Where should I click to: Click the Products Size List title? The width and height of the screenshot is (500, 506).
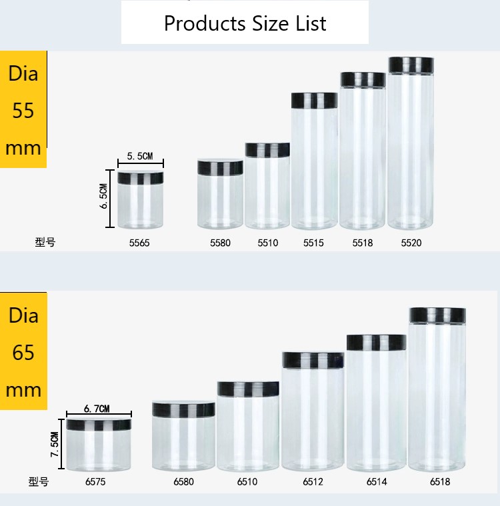[x=245, y=23]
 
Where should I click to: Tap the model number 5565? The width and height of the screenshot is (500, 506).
[x=139, y=243]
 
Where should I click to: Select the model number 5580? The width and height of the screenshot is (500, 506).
[x=220, y=243]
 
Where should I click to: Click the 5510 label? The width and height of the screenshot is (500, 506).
[x=268, y=243]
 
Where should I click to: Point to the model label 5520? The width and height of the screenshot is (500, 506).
[x=411, y=243]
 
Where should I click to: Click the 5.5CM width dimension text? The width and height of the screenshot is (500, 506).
[x=140, y=156]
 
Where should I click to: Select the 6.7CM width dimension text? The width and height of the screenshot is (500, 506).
[x=97, y=409]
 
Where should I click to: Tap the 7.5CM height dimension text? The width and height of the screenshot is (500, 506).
[x=55, y=445]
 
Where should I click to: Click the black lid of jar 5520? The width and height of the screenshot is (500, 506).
[x=411, y=65]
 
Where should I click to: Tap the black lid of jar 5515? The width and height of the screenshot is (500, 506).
[x=314, y=101]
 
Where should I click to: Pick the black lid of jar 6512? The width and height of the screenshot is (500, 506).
[x=313, y=360]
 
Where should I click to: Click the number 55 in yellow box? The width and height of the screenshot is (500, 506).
[x=23, y=110]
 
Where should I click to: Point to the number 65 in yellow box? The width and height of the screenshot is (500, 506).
[x=23, y=351]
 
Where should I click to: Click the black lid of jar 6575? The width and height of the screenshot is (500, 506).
[x=99, y=424]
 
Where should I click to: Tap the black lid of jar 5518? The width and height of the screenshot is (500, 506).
[x=363, y=79]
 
